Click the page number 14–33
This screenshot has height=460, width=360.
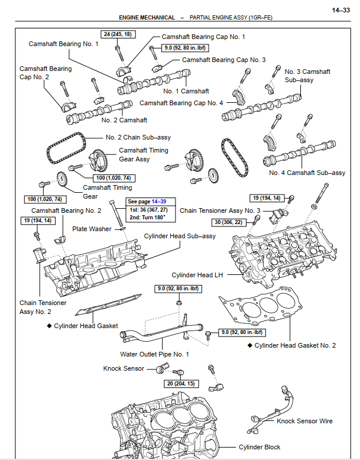[x=340, y=10]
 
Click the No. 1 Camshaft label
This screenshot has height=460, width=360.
[x=186, y=91]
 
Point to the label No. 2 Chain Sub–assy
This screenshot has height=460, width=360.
[x=138, y=137]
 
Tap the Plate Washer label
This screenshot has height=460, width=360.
[x=92, y=228]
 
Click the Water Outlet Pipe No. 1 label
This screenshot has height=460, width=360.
[x=154, y=354]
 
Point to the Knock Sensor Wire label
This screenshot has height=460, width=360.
[x=304, y=421]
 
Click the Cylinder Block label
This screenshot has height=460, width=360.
[x=260, y=447]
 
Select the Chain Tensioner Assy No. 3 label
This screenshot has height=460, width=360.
[x=220, y=210]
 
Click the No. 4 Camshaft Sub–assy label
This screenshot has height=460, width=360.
[x=307, y=173]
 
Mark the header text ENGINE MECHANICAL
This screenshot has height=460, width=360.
[x=146, y=18]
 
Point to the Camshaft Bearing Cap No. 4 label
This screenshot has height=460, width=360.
[x=181, y=103]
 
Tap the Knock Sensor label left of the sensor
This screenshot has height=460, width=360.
[x=124, y=368]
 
